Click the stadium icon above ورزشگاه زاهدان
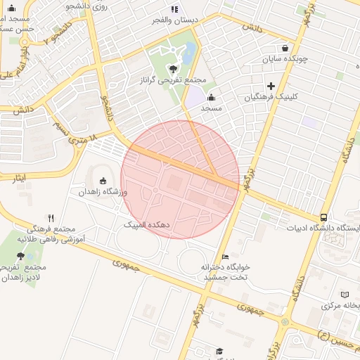pyautogui.click(x=103, y=181)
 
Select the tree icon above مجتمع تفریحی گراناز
pyautogui.click(x=173, y=68)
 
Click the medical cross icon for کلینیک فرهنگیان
pyautogui.click(x=271, y=86)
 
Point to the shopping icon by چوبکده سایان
pyautogui.click(x=284, y=49)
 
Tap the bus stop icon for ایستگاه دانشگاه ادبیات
pyautogui.click(x=323, y=217)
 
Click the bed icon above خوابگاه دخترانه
pyautogui.click(x=225, y=257)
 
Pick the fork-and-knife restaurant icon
pyautogui.click(x=51, y=219)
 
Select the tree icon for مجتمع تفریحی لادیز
pyautogui.click(x=20, y=257)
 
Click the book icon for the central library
pyautogui.click(x=344, y=295)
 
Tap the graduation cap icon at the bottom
pyautogui.click(x=219, y=350)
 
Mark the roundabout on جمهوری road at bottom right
pyautogui.click(x=284, y=321)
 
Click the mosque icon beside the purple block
pyautogui.click(x=211, y=97)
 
